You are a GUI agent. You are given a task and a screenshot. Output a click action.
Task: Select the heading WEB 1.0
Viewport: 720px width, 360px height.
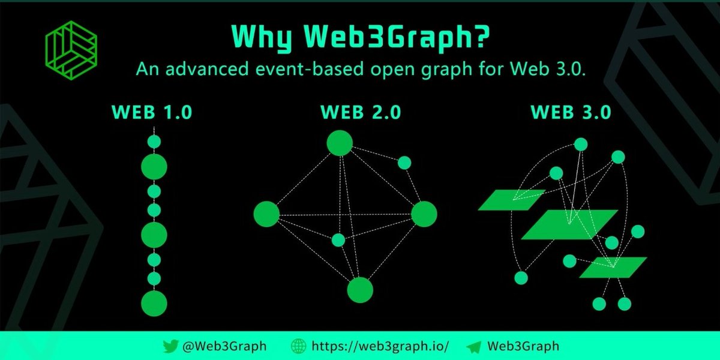(x=151, y=112)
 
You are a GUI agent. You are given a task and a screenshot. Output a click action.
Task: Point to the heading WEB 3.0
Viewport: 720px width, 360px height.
(x=571, y=112)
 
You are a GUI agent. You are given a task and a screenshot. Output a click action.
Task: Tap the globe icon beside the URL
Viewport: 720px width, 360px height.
(x=298, y=346)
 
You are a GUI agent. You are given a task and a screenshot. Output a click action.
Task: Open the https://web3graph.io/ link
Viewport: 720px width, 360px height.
(x=380, y=346)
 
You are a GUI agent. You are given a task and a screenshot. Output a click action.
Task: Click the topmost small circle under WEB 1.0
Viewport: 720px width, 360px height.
(x=154, y=142)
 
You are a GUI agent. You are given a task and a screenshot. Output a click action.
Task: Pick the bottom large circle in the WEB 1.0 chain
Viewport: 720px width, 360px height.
(x=154, y=302)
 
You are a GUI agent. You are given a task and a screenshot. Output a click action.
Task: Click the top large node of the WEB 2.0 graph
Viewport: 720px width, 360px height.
(x=340, y=143)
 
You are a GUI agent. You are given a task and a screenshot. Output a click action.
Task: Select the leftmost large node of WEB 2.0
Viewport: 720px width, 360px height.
(x=266, y=214)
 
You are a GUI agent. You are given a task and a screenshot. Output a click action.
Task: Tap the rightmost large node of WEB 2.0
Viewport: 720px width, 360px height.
(x=424, y=214)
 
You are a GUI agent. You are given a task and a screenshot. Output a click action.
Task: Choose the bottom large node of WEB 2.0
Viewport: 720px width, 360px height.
(x=360, y=290)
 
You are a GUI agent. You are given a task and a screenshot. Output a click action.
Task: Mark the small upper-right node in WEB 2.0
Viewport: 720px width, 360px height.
(x=404, y=163)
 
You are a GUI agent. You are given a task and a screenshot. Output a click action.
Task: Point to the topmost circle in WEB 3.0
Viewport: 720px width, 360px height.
(x=580, y=145)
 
